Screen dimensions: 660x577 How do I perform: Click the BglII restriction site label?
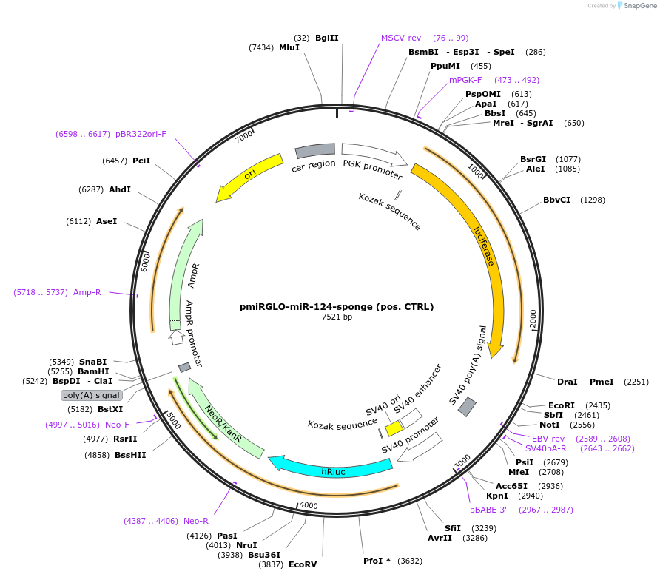pos(326,38)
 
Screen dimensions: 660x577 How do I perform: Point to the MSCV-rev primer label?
pos(401,38)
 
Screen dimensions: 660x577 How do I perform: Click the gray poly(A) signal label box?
pos(92,395)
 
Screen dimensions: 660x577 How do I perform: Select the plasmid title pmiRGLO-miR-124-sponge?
pos(337,306)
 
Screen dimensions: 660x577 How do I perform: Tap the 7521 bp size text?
pos(337,317)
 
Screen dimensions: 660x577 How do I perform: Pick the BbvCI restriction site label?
pos(557,200)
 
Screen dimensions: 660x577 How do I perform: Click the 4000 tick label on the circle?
pos(308,506)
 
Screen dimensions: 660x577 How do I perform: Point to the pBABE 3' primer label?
pos(488,510)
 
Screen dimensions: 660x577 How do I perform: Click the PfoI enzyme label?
pos(377,560)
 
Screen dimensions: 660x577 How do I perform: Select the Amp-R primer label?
pos(87,292)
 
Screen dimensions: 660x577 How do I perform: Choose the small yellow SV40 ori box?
pos(394,428)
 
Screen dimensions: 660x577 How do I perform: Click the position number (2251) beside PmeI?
pos(636,382)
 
